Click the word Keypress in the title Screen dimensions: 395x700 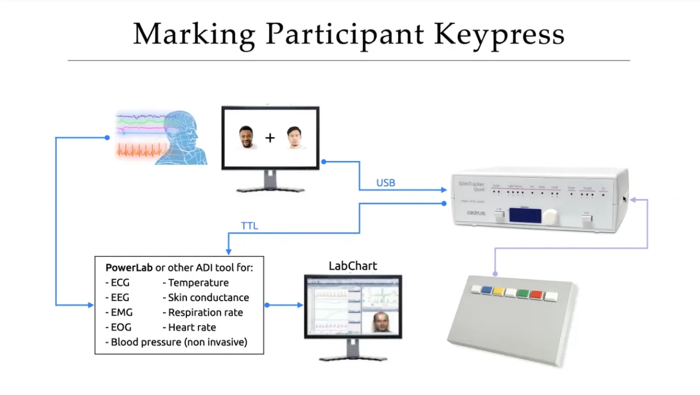pos(499,34)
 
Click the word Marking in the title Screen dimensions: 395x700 pos(194,34)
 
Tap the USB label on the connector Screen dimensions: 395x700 pos(386,183)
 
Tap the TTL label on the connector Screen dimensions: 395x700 pos(249,226)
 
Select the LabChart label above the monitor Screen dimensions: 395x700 pos(353,266)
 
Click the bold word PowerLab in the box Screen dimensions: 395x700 pos(129,268)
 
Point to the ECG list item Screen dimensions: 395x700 pos(120,282)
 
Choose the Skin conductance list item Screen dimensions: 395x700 pos(208,298)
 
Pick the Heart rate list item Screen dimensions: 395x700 pos(191,327)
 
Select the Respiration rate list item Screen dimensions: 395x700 pos(205,313)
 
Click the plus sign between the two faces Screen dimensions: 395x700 pos(270,138)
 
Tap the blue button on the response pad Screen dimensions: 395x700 pos(486,291)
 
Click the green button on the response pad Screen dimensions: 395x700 pos(523,294)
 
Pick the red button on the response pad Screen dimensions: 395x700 pos(536,296)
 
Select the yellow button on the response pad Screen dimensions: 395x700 pos(498,292)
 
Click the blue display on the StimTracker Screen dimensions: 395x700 pos(525,215)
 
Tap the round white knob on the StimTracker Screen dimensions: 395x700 pos(551,216)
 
